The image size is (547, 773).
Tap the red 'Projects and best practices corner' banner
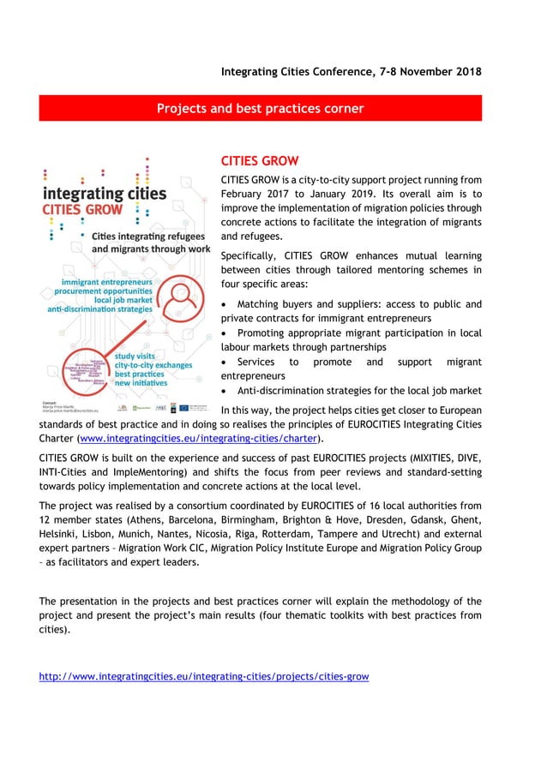click(260, 108)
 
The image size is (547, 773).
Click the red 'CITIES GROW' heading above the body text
click(260, 161)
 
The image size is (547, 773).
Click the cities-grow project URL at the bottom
click(204, 676)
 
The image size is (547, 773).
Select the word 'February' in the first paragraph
click(247, 193)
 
